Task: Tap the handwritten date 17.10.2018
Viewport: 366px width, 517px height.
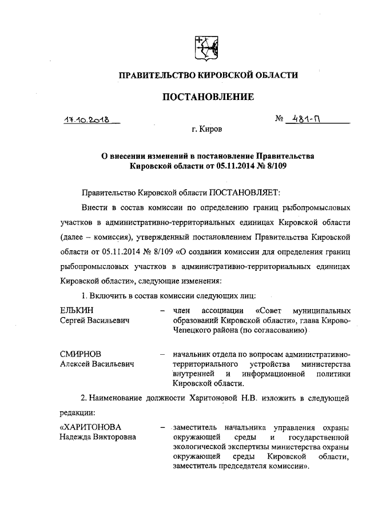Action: tap(87, 121)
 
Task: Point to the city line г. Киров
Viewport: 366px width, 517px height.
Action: tap(206, 129)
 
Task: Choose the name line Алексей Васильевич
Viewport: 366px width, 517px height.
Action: tap(97, 364)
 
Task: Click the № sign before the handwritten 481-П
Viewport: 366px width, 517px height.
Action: tap(280, 120)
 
